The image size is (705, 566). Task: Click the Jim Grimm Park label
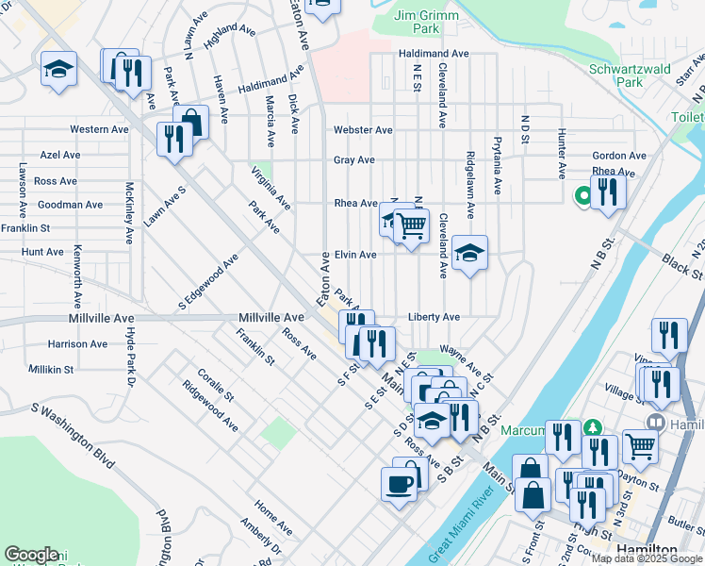click(427, 23)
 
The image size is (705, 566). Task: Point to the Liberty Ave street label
click(434, 317)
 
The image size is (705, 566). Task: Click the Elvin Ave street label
click(355, 255)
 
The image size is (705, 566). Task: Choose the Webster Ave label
click(363, 130)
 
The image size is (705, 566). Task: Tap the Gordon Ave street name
click(619, 156)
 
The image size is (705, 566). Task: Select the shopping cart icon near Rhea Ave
click(411, 226)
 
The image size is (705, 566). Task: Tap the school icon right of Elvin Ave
click(469, 253)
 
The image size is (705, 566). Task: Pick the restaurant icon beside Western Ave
click(174, 139)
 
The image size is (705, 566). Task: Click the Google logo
click(31, 555)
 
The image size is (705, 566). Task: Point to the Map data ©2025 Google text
click(647, 558)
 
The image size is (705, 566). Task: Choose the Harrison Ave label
click(78, 344)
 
